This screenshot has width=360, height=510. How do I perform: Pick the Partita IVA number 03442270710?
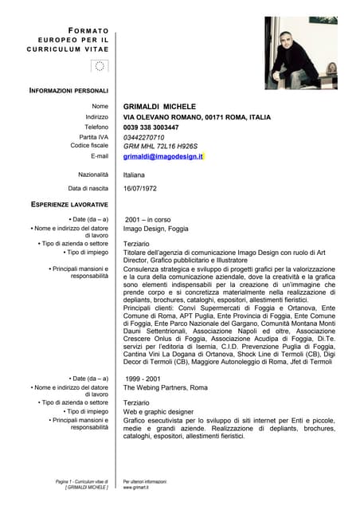(x=149, y=137)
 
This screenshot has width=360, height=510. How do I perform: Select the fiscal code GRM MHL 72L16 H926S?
(x=160, y=146)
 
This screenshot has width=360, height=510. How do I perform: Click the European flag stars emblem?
(x=99, y=66)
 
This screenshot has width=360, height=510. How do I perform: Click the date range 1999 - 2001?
(x=143, y=378)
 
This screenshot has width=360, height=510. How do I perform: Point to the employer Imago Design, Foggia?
(x=156, y=229)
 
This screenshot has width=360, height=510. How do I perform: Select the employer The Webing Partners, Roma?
(x=165, y=387)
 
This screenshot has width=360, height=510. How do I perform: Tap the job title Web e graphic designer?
(x=158, y=411)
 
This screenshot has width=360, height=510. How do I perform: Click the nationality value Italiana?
(x=135, y=174)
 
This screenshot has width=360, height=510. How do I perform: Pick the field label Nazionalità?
(x=93, y=174)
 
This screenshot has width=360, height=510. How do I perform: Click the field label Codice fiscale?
(x=89, y=146)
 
